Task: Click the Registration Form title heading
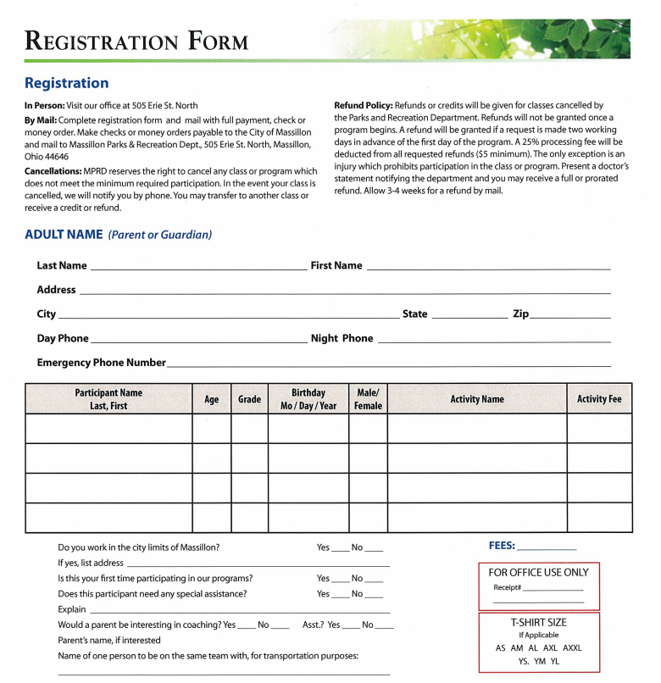(x=136, y=40)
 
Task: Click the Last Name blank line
(x=198, y=267)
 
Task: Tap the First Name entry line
(x=488, y=267)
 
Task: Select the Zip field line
(x=570, y=315)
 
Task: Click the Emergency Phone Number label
(x=101, y=363)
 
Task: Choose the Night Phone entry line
(x=493, y=340)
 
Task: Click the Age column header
(x=211, y=399)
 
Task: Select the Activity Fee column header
(x=599, y=399)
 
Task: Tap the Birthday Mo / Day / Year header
(x=308, y=399)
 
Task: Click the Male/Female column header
(x=368, y=399)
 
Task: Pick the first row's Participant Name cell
(x=108, y=428)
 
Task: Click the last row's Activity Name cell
(x=476, y=517)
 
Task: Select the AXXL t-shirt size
(x=572, y=648)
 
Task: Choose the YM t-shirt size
(x=540, y=662)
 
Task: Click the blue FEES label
(x=502, y=546)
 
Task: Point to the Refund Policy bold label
(x=363, y=105)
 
